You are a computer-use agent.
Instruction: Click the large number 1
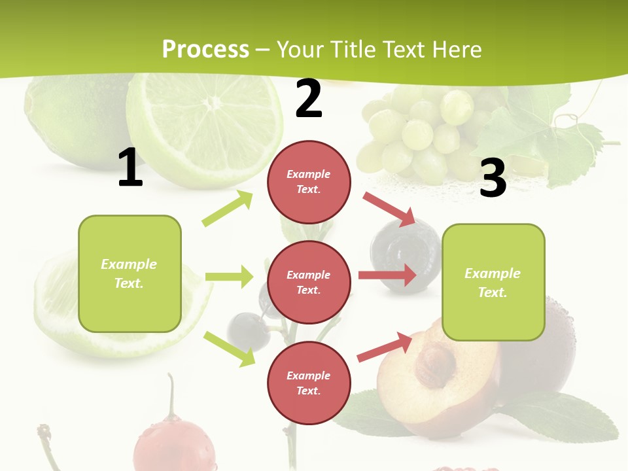click(130, 167)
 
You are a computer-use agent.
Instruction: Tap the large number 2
click(309, 99)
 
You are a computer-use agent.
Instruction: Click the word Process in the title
click(205, 49)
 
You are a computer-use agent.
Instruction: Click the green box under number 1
click(130, 273)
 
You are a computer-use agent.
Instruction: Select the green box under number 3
click(493, 282)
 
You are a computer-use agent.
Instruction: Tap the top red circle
click(309, 182)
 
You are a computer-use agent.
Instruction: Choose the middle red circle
click(309, 282)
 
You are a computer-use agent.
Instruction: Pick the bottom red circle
click(309, 383)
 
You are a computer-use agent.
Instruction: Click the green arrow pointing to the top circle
click(228, 209)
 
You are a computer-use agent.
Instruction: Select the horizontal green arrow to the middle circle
click(229, 277)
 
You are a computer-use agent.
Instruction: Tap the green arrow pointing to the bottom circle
click(229, 349)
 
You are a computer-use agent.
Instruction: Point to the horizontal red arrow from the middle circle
click(387, 275)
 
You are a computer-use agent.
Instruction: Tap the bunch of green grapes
click(419, 131)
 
